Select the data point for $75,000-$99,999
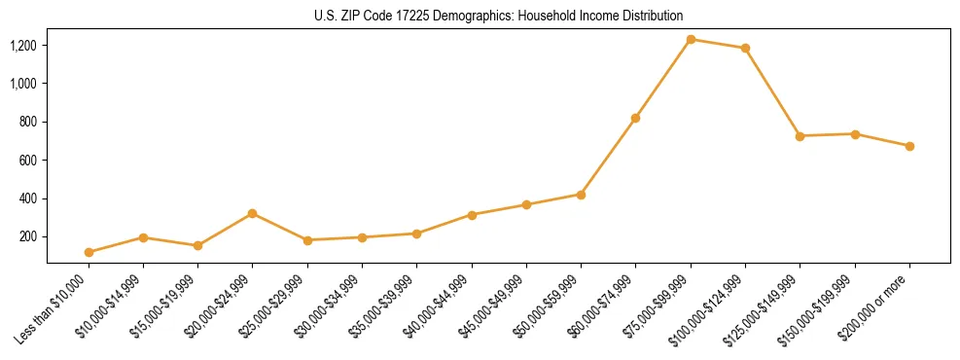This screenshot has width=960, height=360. coord(691,39)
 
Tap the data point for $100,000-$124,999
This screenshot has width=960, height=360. coord(745,48)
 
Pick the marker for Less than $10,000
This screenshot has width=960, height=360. coord(89,252)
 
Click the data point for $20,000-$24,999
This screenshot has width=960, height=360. coord(253,213)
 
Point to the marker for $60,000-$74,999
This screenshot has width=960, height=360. coord(635,118)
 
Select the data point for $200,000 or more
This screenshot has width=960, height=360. coord(909,146)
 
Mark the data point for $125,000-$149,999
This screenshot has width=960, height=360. coord(800,136)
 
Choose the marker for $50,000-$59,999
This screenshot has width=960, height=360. coord(581,195)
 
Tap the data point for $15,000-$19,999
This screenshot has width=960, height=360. coord(197,245)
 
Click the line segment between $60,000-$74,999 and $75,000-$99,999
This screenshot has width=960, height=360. coord(663,78)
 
